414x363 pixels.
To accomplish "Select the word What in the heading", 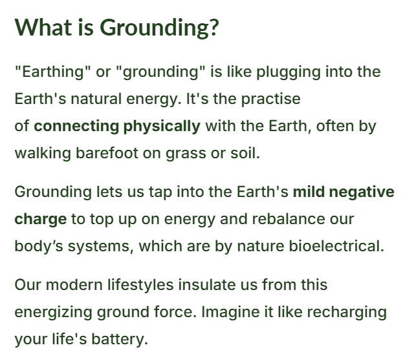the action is [x=43, y=27].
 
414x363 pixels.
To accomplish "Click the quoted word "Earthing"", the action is [x=52, y=72].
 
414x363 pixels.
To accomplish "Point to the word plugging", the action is [x=289, y=72].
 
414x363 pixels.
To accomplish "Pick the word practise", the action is [x=271, y=99].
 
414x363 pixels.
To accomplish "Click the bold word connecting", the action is [x=76, y=126].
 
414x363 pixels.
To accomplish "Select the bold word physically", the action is [x=162, y=126].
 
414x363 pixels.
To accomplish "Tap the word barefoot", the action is [x=107, y=153].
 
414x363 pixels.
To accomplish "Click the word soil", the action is [x=245, y=153].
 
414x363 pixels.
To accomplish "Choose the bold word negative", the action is [x=362, y=192].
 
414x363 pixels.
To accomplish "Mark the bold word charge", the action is [x=40, y=220].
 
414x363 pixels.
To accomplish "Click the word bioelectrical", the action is [x=336, y=246].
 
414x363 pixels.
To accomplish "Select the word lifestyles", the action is [x=140, y=285].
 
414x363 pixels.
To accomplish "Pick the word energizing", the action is [x=53, y=313].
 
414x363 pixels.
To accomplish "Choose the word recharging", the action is [x=347, y=313].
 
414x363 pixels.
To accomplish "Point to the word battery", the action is [x=120, y=340].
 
